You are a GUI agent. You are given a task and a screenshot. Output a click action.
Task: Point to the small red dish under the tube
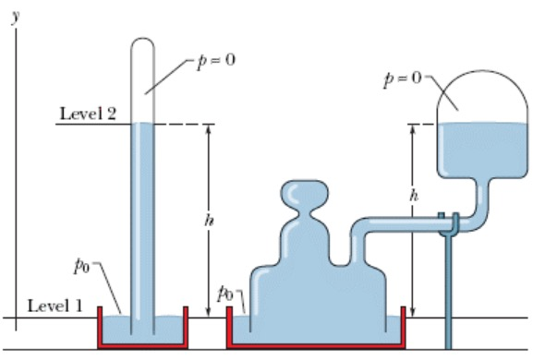click(x=142, y=342)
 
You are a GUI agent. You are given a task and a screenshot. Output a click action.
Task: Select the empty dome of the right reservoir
click(x=478, y=92)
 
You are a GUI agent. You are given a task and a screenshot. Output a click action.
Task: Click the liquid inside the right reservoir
click(x=478, y=148)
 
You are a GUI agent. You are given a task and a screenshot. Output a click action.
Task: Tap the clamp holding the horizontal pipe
click(x=448, y=222)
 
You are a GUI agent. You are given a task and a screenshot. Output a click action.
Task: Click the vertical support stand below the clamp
click(x=449, y=295)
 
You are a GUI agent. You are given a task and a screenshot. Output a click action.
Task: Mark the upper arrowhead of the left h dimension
click(x=207, y=130)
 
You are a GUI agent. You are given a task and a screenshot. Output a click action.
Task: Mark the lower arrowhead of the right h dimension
click(x=412, y=312)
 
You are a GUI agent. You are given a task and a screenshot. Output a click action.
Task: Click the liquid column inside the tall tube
click(x=142, y=222)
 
